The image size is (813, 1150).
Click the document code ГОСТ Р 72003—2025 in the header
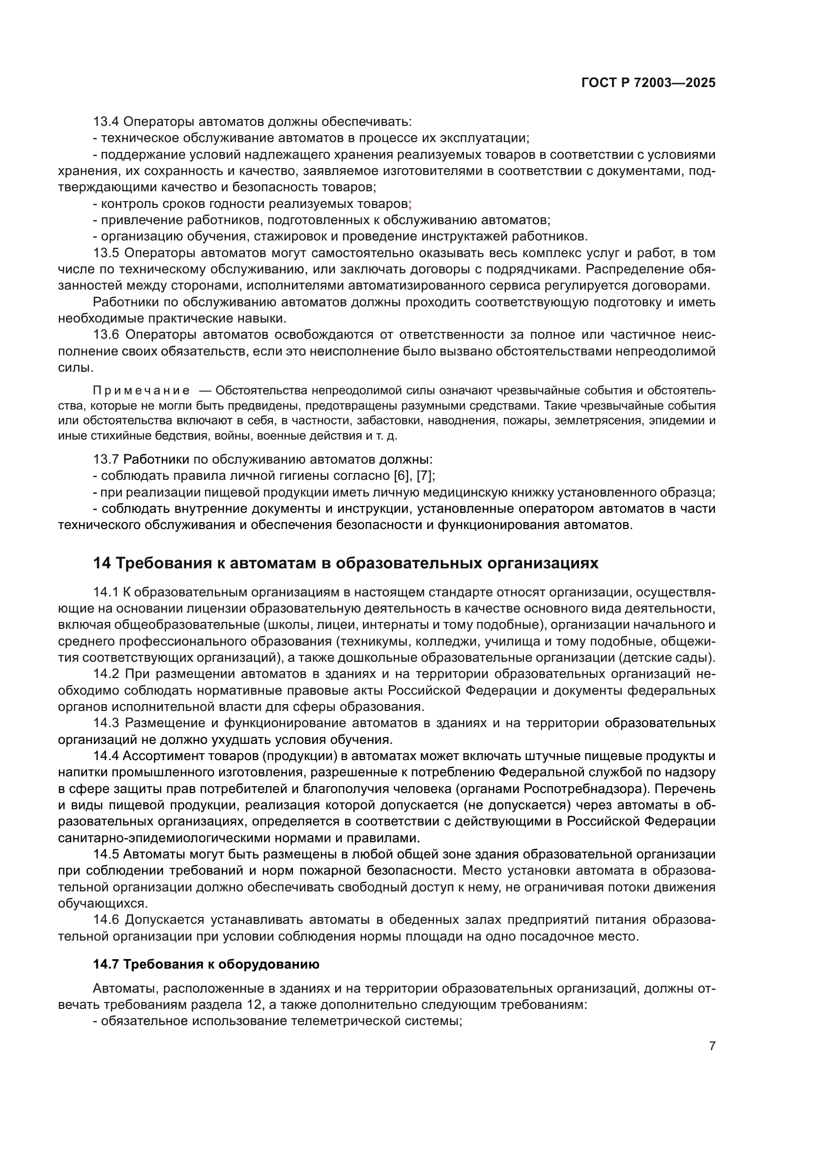tap(648, 83)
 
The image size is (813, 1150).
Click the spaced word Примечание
tap(141, 391)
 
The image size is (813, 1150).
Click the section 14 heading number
tap(102, 563)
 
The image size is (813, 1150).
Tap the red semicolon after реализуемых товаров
tap(410, 205)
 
